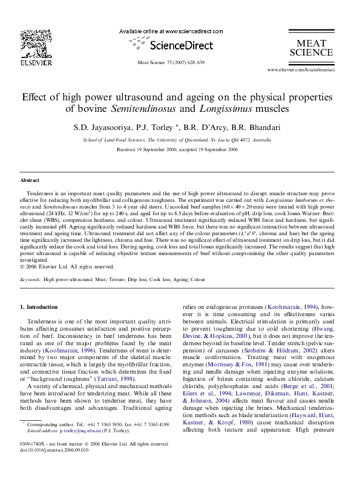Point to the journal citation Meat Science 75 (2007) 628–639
171,62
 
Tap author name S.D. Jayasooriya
112,128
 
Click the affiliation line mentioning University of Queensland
177,140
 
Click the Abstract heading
30,180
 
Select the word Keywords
30,280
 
